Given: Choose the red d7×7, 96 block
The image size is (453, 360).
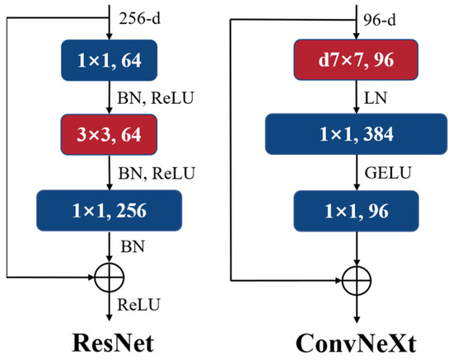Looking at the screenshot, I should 356,59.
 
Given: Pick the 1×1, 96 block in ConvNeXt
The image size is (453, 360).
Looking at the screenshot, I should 356,211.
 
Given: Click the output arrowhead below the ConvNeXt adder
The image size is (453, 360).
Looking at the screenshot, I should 356,316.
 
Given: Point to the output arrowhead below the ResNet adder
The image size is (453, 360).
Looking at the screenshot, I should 110,316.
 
